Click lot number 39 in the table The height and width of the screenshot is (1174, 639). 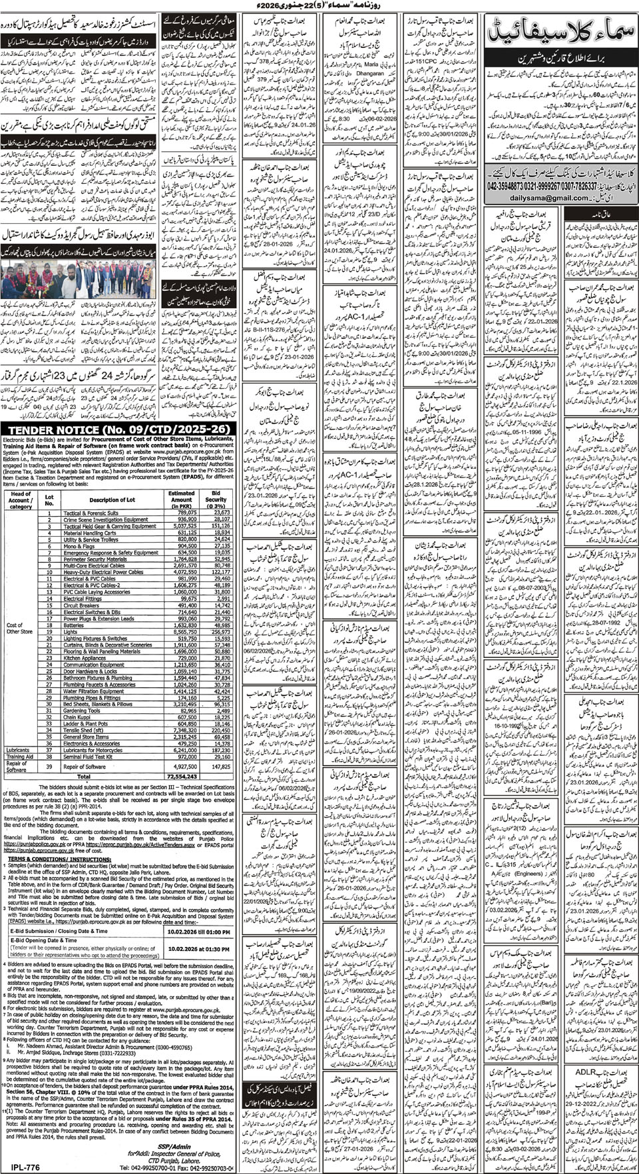[x=48, y=766]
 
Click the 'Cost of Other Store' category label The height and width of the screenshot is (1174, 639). [x=19, y=631]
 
